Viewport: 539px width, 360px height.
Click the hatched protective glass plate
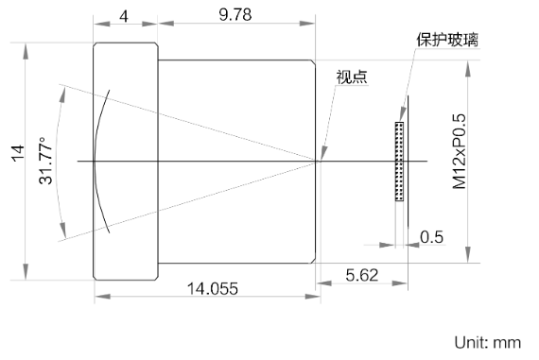point(398,161)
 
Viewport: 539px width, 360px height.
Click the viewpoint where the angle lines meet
point(319,161)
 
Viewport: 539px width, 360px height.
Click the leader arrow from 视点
point(329,118)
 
